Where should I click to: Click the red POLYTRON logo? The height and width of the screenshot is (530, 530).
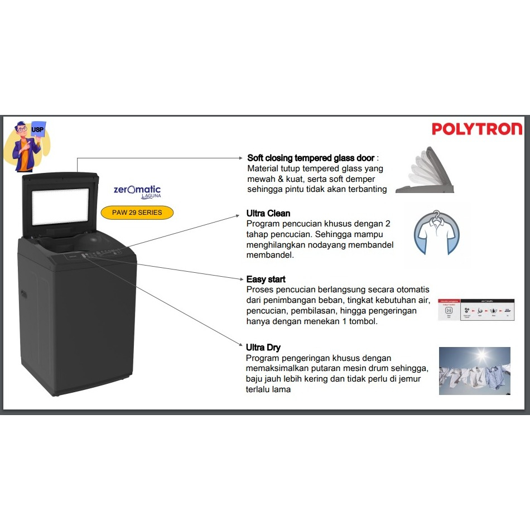tap(477, 129)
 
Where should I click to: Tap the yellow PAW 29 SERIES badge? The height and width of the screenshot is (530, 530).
tap(137, 213)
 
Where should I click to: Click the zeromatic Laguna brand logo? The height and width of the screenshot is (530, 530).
tap(137, 191)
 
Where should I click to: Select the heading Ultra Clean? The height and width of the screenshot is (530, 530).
tap(268, 213)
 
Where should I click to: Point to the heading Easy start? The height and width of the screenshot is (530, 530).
tap(266, 279)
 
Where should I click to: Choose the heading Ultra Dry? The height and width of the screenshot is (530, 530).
tap(263, 348)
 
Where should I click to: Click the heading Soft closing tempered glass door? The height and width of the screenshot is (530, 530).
tap(311, 158)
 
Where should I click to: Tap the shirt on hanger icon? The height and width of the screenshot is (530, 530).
tap(437, 234)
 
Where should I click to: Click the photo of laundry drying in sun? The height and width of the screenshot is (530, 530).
tap(474, 371)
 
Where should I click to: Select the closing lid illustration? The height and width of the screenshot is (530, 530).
tap(426, 170)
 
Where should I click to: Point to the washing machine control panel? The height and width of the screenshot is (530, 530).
tap(100, 254)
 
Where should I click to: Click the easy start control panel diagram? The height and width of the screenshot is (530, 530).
tap(476, 309)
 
